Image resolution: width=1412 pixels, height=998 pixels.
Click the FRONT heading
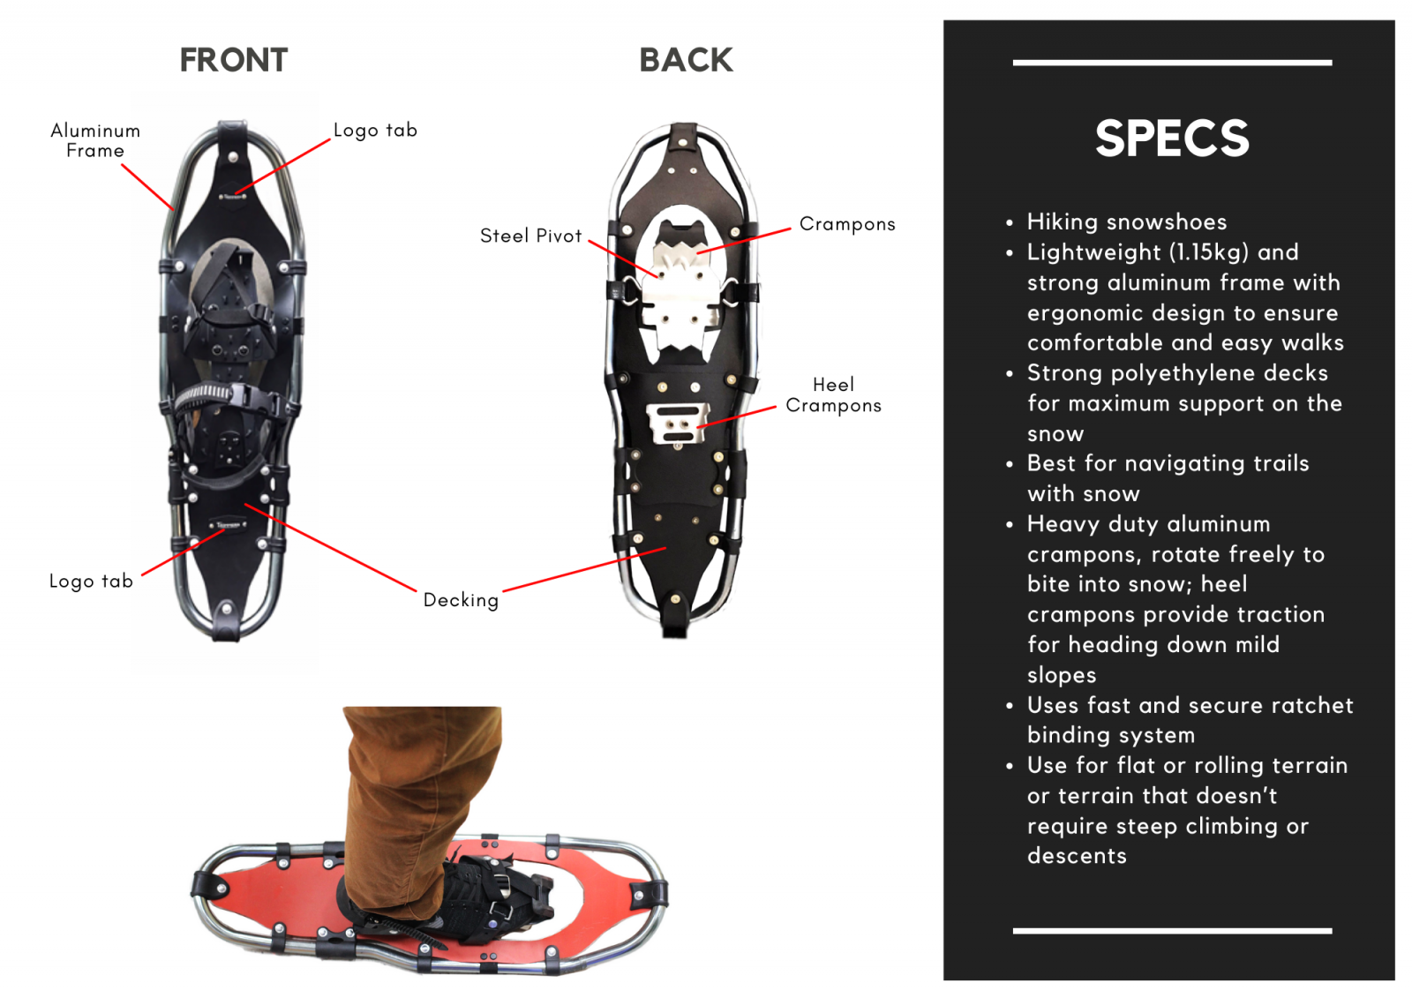coord(234,61)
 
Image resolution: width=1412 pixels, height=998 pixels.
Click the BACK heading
coord(687,61)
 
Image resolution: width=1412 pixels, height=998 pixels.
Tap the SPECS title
coord(1172,139)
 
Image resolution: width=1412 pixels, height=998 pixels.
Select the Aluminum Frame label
coord(95,140)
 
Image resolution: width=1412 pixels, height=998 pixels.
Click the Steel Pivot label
coord(530,236)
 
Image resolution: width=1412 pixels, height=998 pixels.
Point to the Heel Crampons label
coord(833,394)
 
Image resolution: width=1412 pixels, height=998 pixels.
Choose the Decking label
coord(461,599)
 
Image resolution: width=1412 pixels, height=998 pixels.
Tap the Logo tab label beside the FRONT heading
coord(375,130)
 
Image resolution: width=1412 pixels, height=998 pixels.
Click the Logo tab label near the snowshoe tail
coord(92,581)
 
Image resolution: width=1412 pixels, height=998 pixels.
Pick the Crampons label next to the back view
coord(847,224)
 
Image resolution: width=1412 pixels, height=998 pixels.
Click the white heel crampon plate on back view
coord(678,423)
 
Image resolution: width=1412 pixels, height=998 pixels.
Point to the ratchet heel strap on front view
coord(224,396)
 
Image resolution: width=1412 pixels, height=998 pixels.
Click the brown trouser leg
coord(419,807)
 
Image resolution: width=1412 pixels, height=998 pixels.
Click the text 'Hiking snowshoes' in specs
coord(1127,221)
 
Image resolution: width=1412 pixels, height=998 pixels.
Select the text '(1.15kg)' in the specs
coord(1209,252)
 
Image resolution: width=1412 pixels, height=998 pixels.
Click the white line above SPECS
coord(1173,63)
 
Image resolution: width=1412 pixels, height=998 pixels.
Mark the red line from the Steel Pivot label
coord(623,259)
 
